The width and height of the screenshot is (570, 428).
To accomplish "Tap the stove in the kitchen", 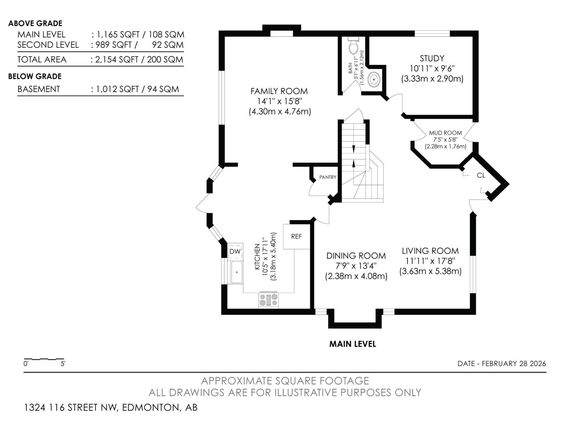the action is [x=268, y=300].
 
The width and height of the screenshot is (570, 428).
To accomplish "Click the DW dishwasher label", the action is [x=235, y=251].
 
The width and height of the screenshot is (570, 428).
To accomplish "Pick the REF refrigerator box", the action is [x=296, y=236].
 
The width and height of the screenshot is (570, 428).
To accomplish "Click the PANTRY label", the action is [x=327, y=177].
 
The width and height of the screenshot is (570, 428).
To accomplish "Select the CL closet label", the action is [x=481, y=175].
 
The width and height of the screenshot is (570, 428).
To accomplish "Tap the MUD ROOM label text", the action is [x=445, y=133].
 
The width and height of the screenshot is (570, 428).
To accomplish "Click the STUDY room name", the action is [x=432, y=58].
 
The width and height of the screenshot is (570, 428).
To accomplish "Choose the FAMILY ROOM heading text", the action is [x=279, y=91].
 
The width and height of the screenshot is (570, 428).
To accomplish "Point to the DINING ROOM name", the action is [x=356, y=256].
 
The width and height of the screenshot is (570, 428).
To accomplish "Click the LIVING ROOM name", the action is [x=430, y=251].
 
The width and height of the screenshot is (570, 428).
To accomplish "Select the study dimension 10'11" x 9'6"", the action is [x=432, y=68].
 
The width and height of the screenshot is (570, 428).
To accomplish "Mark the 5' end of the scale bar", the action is [x=64, y=360].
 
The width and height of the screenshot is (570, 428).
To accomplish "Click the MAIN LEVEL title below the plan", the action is [x=352, y=344].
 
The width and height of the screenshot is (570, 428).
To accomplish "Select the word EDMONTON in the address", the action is [x=151, y=407].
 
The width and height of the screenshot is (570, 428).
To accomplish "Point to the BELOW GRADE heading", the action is [x=35, y=76].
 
